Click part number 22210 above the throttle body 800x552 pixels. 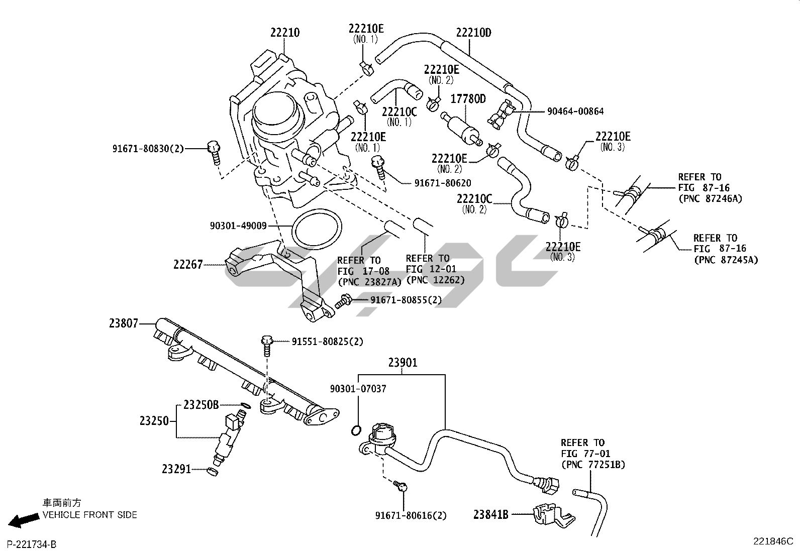(x=284, y=33)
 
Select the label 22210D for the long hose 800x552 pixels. (x=473, y=33)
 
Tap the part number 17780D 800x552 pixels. (x=467, y=99)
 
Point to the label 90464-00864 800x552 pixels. (x=575, y=112)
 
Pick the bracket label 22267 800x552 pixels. (x=188, y=264)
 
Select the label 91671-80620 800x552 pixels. (x=442, y=183)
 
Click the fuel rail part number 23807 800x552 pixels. (x=123, y=324)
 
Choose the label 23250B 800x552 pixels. (x=201, y=404)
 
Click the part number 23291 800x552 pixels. (x=176, y=469)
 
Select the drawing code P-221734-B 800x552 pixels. (x=32, y=544)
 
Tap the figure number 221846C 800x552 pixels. (x=772, y=541)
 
